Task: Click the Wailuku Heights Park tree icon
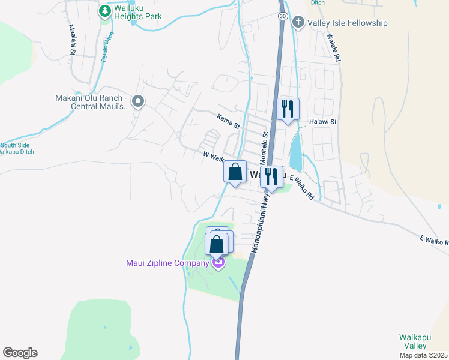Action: click(x=105, y=11)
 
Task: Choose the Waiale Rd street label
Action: click(x=334, y=47)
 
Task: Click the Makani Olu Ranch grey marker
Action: click(x=139, y=102)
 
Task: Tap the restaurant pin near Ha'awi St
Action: click(x=288, y=110)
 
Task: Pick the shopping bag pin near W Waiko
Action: click(x=235, y=172)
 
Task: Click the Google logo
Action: click(x=20, y=352)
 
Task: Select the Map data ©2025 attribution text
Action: click(x=423, y=355)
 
